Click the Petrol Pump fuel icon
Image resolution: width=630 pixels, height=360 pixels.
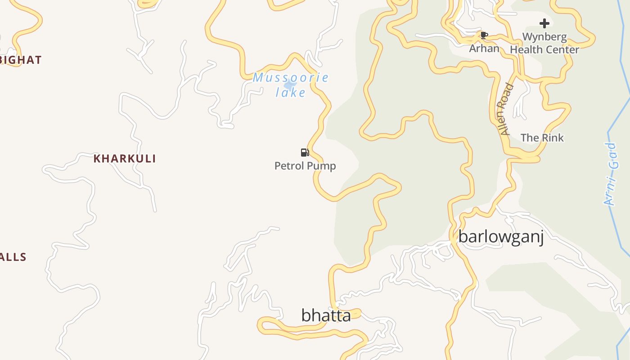pyautogui.click(x=305, y=153)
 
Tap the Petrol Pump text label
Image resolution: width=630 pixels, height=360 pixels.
pyautogui.click(x=305, y=166)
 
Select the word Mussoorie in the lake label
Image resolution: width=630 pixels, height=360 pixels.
pyautogui.click(x=290, y=77)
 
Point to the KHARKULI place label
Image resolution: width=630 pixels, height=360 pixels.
pyautogui.click(x=125, y=159)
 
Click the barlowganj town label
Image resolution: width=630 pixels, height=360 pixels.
pyautogui.click(x=501, y=237)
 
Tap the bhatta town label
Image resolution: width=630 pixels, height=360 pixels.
pyautogui.click(x=326, y=315)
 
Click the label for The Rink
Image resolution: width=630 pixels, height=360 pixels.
pyautogui.click(x=542, y=138)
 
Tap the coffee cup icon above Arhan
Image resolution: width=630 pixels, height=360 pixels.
pyautogui.click(x=484, y=35)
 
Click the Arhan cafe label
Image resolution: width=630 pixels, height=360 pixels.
pyautogui.click(x=484, y=48)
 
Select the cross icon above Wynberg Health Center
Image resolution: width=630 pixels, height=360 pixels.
pyautogui.click(x=544, y=23)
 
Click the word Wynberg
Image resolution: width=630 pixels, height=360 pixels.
pyautogui.click(x=544, y=36)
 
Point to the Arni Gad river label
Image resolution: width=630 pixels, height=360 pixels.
pyautogui.click(x=610, y=174)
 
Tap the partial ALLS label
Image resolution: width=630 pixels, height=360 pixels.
pyautogui.click(x=13, y=257)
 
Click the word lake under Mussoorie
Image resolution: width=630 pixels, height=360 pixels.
pyautogui.click(x=291, y=93)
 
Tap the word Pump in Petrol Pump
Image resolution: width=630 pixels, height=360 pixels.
pyautogui.click(x=322, y=166)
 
